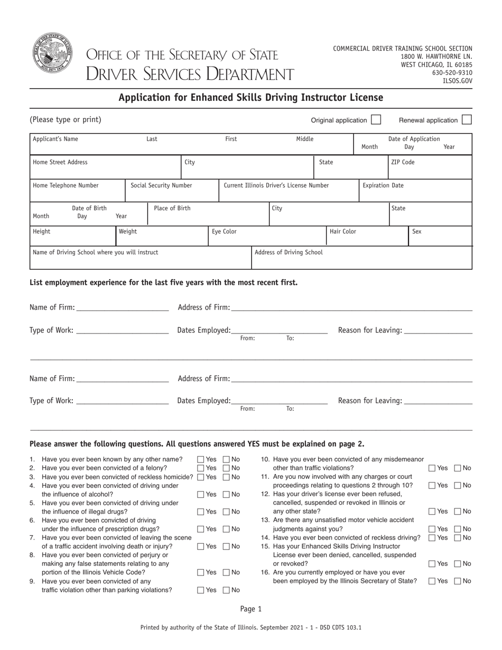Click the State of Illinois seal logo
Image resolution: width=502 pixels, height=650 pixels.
coord(52,54)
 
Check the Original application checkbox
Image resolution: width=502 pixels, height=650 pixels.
coord(376,120)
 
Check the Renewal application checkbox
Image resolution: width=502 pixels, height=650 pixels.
coord(466,120)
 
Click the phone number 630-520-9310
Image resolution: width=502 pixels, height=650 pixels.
coord(452,73)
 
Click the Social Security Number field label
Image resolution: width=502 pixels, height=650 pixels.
coord(161,185)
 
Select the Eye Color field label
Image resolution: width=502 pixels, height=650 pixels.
coord(224,231)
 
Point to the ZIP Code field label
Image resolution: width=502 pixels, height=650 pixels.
coord(403,162)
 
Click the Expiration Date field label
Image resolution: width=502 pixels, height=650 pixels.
coord(383,185)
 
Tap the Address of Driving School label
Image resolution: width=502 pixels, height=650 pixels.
coord(289,253)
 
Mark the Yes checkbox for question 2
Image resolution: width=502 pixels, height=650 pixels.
coord(201,468)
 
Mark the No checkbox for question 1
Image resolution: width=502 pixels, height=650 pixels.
coord(227,460)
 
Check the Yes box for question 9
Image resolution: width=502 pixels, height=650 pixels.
coord(201,590)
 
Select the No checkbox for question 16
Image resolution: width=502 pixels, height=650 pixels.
coord(458,581)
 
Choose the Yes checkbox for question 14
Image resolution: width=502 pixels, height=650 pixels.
coord(432,538)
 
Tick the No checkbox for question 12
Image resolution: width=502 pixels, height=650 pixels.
coord(458,512)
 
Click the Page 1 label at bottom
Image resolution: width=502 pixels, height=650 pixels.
coord(251,609)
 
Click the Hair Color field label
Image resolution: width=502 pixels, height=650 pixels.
coord(343,231)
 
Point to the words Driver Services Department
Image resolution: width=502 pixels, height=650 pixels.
coord(190,74)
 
